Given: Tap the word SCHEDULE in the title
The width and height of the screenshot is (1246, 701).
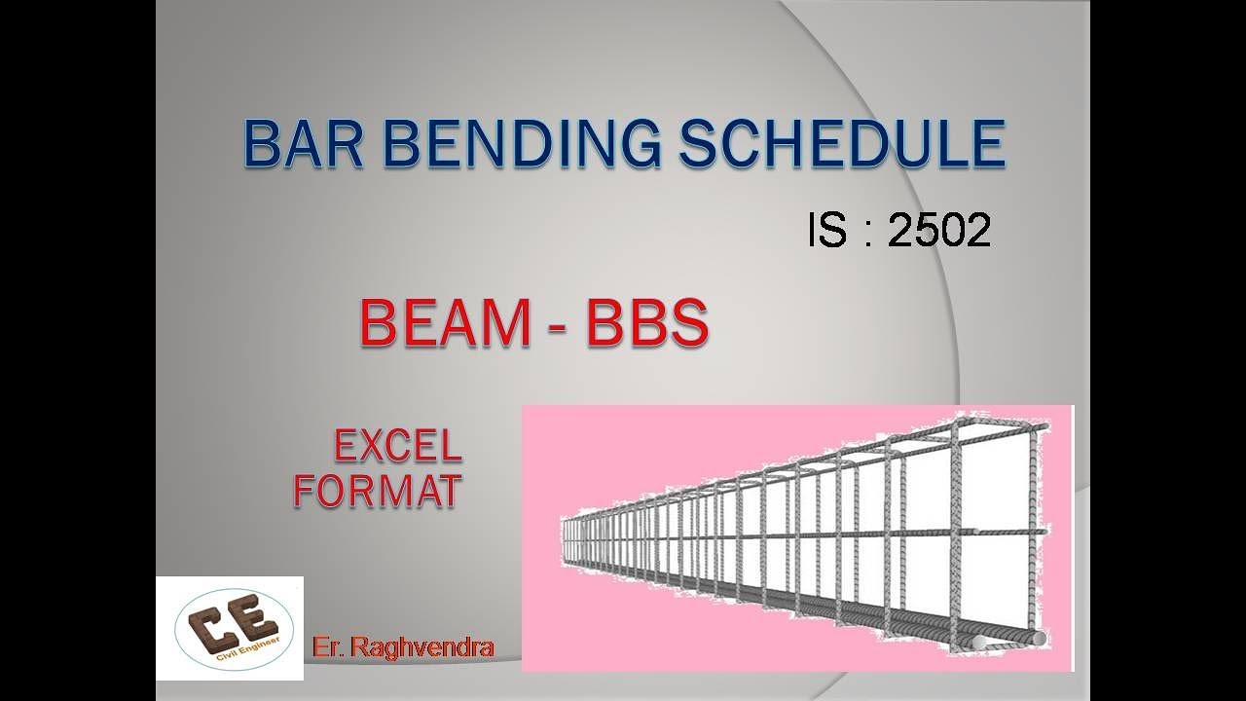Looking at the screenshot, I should pos(842,145).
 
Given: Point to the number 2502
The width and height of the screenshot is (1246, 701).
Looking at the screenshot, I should pos(939,231).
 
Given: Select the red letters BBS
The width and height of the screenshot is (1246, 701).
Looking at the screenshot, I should pos(645,324).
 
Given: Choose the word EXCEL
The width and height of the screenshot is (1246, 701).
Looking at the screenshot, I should pos(397,447).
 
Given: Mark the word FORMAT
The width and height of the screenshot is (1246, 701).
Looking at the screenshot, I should pos(377,492).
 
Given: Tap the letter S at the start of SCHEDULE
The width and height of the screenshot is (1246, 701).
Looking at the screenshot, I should pos(699,145).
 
